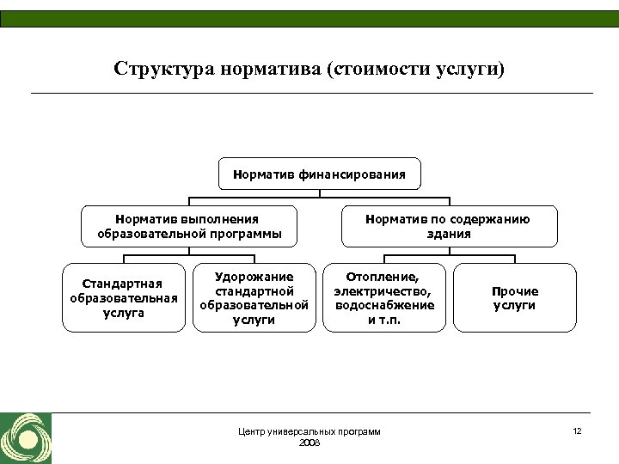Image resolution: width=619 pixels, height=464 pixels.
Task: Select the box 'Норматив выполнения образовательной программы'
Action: [189, 227]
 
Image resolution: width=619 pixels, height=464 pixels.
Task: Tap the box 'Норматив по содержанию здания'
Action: [448, 227]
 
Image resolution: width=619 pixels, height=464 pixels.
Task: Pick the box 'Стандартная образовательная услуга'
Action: [124, 297]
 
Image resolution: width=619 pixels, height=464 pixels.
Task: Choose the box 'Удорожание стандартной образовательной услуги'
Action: [254, 297]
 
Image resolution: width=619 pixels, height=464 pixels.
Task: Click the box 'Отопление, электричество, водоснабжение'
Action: [384, 297]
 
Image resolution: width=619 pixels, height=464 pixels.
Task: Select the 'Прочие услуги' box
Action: [514, 297]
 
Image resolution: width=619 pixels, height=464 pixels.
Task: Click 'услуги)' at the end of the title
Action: [474, 68]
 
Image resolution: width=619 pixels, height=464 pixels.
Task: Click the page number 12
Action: [577, 430]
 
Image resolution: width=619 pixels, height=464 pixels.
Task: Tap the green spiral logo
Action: [26, 438]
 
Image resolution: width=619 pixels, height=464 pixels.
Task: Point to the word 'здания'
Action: [448, 234]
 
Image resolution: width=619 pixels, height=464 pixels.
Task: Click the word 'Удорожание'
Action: [254, 277]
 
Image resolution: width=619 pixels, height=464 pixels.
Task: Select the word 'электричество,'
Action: [384, 291]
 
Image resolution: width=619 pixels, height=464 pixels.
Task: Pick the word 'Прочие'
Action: [514, 291]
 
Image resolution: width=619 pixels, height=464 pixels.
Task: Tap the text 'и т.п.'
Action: [384, 320]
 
